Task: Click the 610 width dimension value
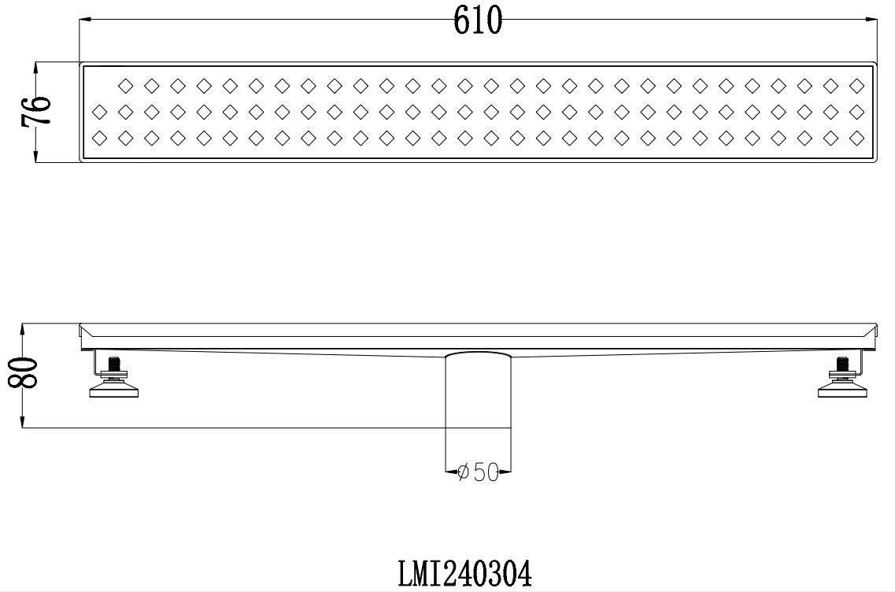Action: click(x=477, y=21)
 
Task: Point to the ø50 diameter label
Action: click(x=478, y=472)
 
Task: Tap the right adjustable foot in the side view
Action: click(x=842, y=388)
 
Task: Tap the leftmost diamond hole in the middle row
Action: click(x=100, y=110)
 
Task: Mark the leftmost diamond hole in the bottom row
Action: click(x=100, y=137)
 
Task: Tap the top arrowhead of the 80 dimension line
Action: click(x=24, y=327)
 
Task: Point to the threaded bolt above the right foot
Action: click(x=842, y=365)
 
